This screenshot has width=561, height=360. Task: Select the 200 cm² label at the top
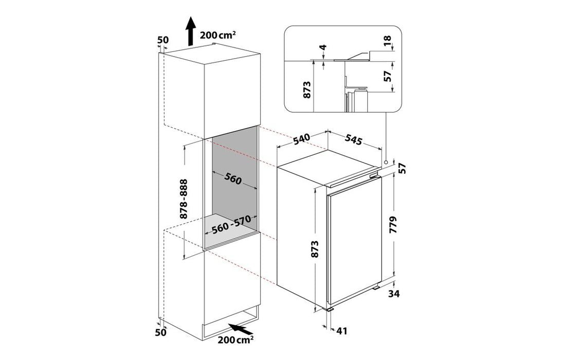click(x=218, y=35)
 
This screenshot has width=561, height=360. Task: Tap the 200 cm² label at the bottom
click(x=236, y=339)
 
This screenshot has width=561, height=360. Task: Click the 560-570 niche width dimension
click(x=230, y=224)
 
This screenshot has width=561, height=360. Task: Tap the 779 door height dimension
click(x=393, y=225)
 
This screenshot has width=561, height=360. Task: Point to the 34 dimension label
click(x=393, y=294)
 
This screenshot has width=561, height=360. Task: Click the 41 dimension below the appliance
click(x=341, y=331)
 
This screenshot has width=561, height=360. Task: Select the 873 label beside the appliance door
click(x=315, y=249)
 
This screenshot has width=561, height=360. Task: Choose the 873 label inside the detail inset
click(x=307, y=90)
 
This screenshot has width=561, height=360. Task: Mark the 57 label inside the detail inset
click(x=387, y=76)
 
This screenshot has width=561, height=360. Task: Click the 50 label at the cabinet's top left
click(x=163, y=40)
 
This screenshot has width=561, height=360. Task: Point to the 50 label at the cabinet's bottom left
click(x=161, y=332)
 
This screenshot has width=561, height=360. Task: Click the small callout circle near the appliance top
click(x=386, y=163)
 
